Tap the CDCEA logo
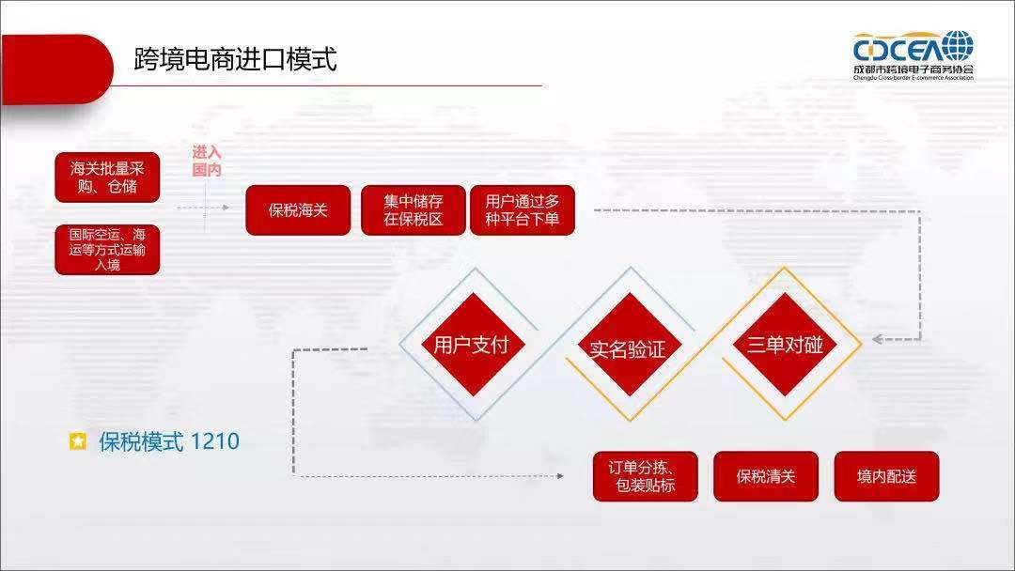pos(913,54)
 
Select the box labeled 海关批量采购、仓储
pos(107,177)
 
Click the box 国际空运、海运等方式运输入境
pos(107,249)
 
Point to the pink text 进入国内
pos(207,162)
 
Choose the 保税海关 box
pos(298,210)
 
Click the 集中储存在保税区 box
pos(414,210)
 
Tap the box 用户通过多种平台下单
pos(522,210)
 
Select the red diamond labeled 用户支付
pos(471,345)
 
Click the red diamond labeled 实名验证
pos(628,349)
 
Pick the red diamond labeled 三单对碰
pos(785,345)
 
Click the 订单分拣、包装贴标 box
pos(646,476)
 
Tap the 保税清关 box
pos(766,476)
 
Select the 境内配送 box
pos(886,476)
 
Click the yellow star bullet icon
pos(78,441)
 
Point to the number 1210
pos(214,441)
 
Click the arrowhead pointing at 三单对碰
pos(876,339)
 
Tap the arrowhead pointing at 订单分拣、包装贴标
pos(560,476)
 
